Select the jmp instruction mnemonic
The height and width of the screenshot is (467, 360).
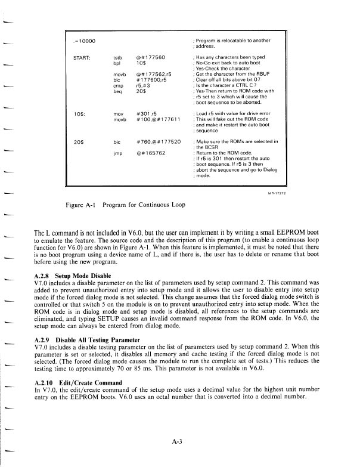tap(117, 153)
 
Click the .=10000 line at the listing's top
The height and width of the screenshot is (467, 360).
tap(85, 41)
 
